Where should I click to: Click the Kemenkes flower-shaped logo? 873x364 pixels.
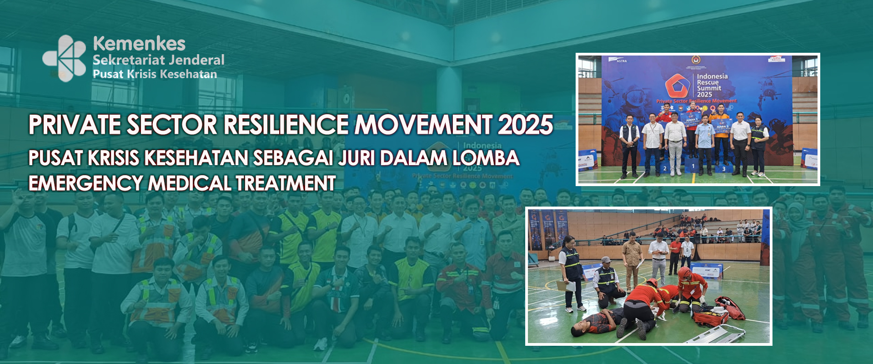pyautogui.click(x=65, y=58)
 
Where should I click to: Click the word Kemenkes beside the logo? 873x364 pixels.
pyautogui.click(x=139, y=44)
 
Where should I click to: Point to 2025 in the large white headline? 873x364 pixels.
pyautogui.click(x=525, y=125)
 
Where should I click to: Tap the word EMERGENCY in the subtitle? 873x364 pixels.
pyautogui.click(x=85, y=183)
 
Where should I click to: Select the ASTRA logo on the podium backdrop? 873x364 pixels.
pyautogui.click(x=622, y=61)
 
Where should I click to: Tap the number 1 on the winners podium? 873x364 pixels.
pyautogui.click(x=693, y=166)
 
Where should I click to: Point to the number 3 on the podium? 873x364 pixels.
pyautogui.click(x=723, y=169)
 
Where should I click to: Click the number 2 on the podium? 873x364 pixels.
pyautogui.click(x=665, y=168)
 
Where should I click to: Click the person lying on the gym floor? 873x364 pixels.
pyautogui.click(x=596, y=322)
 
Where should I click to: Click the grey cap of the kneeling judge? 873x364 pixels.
pyautogui.click(x=606, y=260)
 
